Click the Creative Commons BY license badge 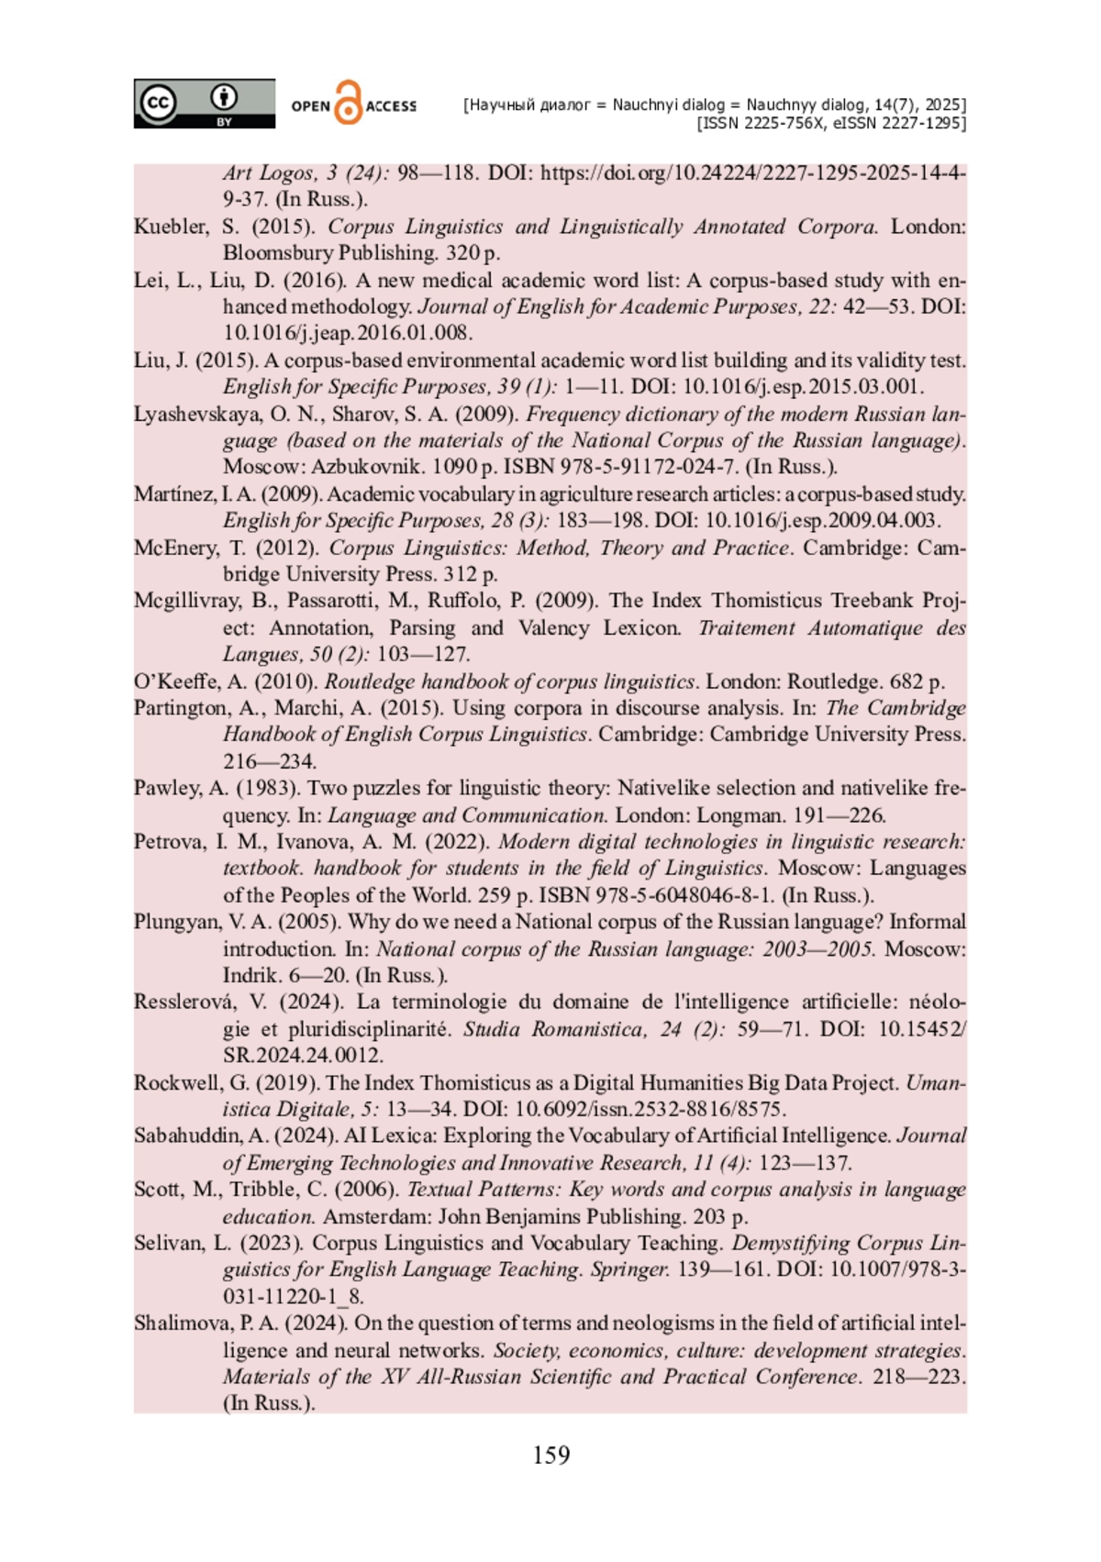click(x=204, y=103)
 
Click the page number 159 click(x=550, y=1456)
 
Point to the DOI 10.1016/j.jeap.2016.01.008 click(x=348, y=333)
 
